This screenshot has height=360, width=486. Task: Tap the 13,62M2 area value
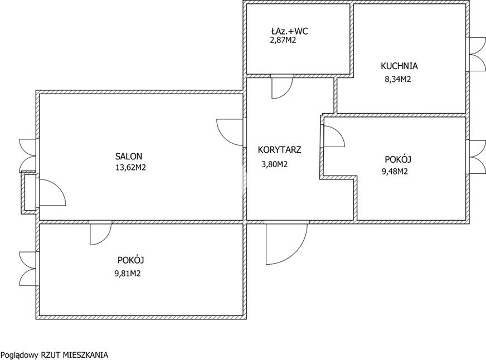130,168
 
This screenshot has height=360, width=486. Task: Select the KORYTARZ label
280,150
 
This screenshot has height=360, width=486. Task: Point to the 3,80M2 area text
275,164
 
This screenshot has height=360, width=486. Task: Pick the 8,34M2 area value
398,79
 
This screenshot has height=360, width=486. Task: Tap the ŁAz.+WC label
289,31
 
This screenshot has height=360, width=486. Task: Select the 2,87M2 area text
283,40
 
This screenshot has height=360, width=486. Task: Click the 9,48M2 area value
395,171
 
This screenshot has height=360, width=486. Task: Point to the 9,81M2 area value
128,274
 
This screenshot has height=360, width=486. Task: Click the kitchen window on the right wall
477,55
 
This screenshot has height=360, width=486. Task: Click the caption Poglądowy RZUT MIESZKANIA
55,355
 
